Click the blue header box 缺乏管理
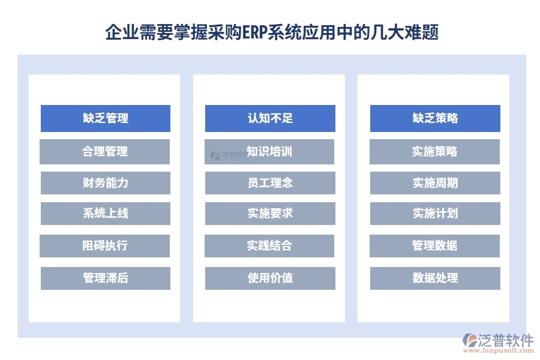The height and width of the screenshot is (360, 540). tap(106, 118)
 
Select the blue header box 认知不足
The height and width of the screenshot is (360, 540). tap(270, 118)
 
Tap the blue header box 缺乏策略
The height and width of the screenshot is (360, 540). tap(435, 118)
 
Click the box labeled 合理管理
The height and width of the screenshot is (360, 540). tap(105, 152)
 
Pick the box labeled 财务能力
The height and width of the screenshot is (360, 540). tap(106, 183)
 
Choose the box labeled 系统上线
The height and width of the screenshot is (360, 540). tap(106, 214)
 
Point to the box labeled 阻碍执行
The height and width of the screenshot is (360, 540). tap(105, 246)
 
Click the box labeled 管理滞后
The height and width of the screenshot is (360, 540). tap(106, 278)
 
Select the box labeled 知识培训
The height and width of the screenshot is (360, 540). tap(269, 152)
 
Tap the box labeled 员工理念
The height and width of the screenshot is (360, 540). tap(270, 183)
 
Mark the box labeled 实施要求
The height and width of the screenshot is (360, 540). tap(270, 214)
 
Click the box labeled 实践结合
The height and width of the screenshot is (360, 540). tap(269, 246)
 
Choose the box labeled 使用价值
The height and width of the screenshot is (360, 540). tap(270, 278)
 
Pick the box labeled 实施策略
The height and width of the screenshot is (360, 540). tap(434, 152)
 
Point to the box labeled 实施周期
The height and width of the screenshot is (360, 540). tap(435, 183)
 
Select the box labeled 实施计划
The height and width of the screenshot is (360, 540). tap(435, 214)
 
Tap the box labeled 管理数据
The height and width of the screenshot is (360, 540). tap(434, 246)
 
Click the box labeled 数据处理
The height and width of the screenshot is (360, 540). tap(435, 278)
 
